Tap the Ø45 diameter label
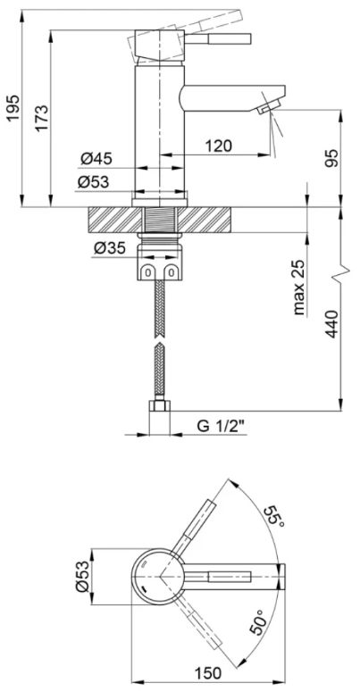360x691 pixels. click(x=96, y=159)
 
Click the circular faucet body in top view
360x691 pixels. click(x=159, y=577)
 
